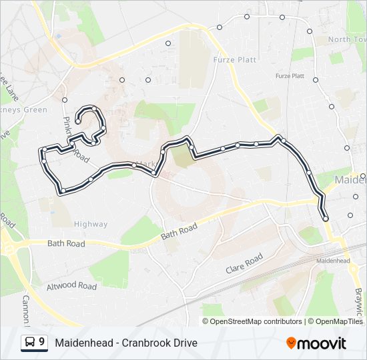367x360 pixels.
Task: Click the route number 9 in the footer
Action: (x=42, y=342)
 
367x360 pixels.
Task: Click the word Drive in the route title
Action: (x=184, y=343)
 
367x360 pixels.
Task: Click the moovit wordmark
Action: (x=322, y=343)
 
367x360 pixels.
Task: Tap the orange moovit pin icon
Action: (x=292, y=343)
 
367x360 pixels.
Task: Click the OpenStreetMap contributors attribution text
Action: (x=256, y=321)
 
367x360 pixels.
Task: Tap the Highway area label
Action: (x=91, y=224)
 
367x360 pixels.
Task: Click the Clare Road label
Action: (x=244, y=262)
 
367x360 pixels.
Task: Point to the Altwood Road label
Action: (x=71, y=286)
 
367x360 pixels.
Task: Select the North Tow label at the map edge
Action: (x=348, y=39)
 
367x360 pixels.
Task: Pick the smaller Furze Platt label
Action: (x=290, y=76)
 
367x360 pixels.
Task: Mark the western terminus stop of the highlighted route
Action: (x=79, y=121)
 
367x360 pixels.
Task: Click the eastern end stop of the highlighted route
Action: (x=326, y=219)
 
